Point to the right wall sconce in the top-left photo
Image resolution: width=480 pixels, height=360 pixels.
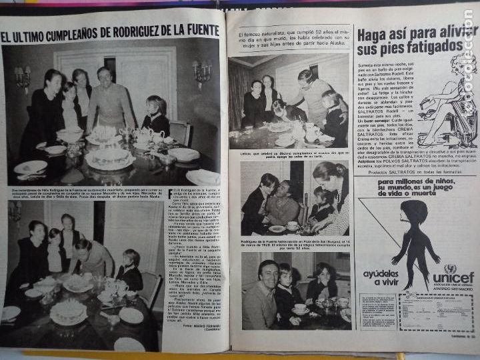(x=201, y=71)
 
